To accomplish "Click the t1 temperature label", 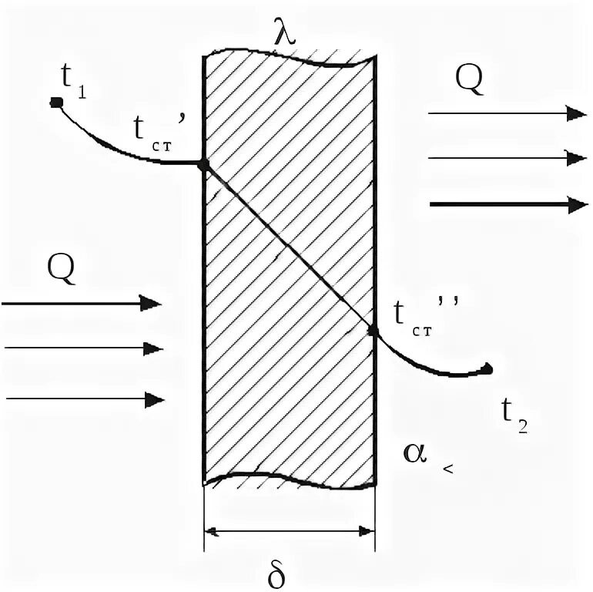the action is [72, 81].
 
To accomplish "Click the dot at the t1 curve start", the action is [55, 101].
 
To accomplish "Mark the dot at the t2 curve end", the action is [487, 368].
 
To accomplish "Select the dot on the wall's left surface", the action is [203, 164].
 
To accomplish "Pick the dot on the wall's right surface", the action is [374, 331].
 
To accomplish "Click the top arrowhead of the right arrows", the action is [575, 113].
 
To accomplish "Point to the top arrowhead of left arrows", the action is [152, 303].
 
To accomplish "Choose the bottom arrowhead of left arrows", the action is [156, 399].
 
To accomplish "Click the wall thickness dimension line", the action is [289, 530].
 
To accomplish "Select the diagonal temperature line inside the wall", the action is [289, 247].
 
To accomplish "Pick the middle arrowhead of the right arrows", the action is [575, 158].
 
